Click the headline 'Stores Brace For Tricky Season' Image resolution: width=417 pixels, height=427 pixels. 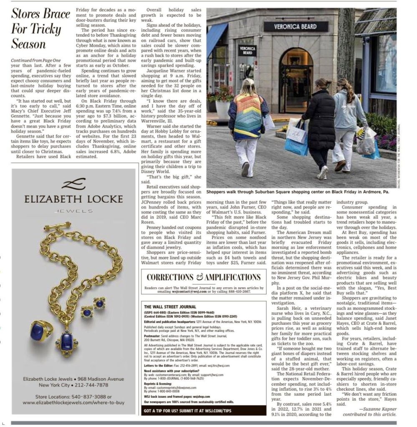pyautogui.click(x=40, y=28)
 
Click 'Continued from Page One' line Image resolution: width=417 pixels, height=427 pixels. pyautogui.click(x=36, y=60)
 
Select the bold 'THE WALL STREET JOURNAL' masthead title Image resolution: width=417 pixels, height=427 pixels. pyautogui.click(x=170, y=306)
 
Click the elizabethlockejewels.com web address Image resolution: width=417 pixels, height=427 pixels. pyautogui.click(x=73, y=402)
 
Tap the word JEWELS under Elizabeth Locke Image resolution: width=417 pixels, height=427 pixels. pyautogui.click(x=73, y=211)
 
